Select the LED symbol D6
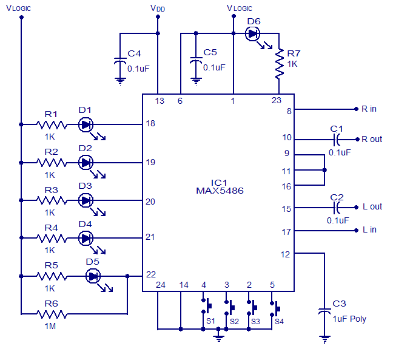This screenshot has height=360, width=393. [253, 34]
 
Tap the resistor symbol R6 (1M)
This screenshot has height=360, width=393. [52, 314]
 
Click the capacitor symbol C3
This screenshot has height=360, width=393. [325, 313]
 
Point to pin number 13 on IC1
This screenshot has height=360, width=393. [160, 101]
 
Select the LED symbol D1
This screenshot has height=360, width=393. [86, 124]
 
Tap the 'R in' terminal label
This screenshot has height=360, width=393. [369, 109]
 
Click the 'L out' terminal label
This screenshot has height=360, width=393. [372, 206]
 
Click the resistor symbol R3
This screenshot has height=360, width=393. [52, 200]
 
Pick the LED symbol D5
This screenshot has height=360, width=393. [93, 276]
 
